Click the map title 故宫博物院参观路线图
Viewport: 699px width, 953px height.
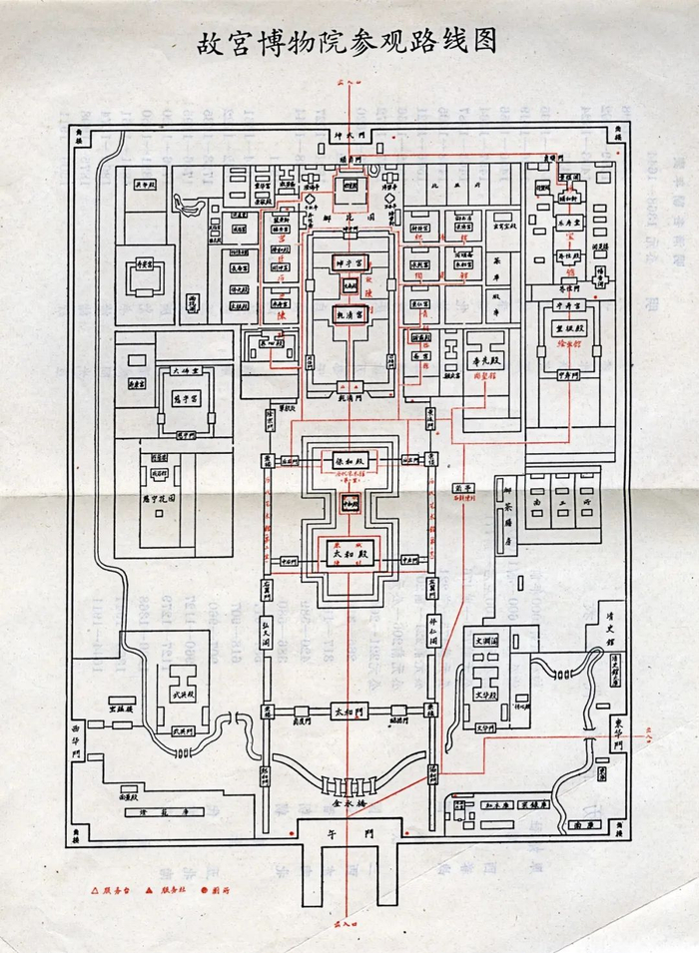pos(348,43)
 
